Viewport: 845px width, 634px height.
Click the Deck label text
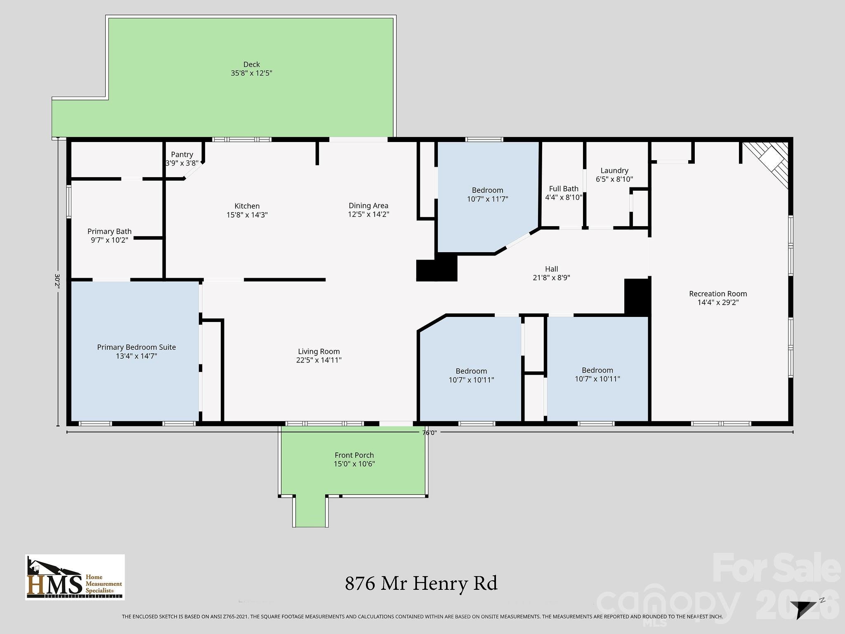pyautogui.click(x=251, y=64)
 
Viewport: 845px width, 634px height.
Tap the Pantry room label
pyautogui.click(x=182, y=154)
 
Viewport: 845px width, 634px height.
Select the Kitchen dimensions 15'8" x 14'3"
pyautogui.click(x=247, y=215)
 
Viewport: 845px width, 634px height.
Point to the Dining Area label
pyautogui.click(x=368, y=206)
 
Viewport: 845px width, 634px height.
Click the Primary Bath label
pyautogui.click(x=109, y=232)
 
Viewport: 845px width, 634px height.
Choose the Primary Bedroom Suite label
pyautogui.click(x=136, y=347)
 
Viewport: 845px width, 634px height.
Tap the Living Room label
pyautogui.click(x=319, y=351)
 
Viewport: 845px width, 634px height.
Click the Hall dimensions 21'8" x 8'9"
pyautogui.click(x=551, y=278)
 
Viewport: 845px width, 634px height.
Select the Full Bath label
pyautogui.click(x=563, y=189)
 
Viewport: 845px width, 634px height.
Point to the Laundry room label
pyautogui.click(x=614, y=170)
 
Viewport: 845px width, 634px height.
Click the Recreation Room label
pyautogui.click(x=718, y=294)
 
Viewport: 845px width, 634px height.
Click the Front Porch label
pyautogui.click(x=354, y=455)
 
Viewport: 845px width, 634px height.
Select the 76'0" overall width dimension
pyautogui.click(x=429, y=433)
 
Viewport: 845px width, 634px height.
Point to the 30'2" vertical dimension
pyautogui.click(x=57, y=281)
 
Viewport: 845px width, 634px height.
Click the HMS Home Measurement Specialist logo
pyautogui.click(x=75, y=577)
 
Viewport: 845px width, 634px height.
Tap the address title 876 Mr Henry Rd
pyautogui.click(x=421, y=583)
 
